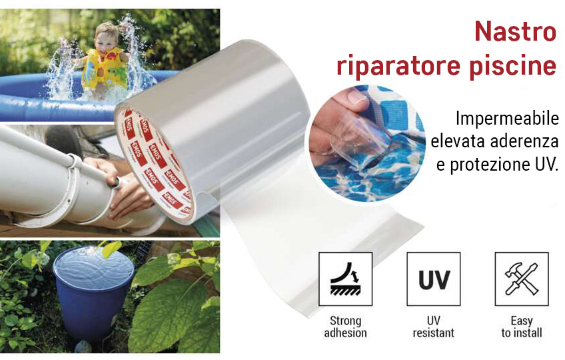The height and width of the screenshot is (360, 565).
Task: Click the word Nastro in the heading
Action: [x=515, y=32]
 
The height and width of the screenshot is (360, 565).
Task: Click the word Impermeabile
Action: [x=507, y=118]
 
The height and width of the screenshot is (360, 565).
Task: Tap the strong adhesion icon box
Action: [x=345, y=279]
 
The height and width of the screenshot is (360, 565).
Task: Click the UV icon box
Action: [x=434, y=279]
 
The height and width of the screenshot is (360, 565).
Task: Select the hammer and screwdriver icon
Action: [x=522, y=279]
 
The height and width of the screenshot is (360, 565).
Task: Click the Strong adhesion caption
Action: [x=345, y=327]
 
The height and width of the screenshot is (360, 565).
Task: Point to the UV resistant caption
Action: [x=434, y=327]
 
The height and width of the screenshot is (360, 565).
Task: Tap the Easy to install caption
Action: [x=522, y=327]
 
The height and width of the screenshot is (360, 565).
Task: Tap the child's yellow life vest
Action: [x=105, y=68]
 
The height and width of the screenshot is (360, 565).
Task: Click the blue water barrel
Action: [x=93, y=292]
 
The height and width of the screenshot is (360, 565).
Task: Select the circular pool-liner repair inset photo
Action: [x=367, y=143]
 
